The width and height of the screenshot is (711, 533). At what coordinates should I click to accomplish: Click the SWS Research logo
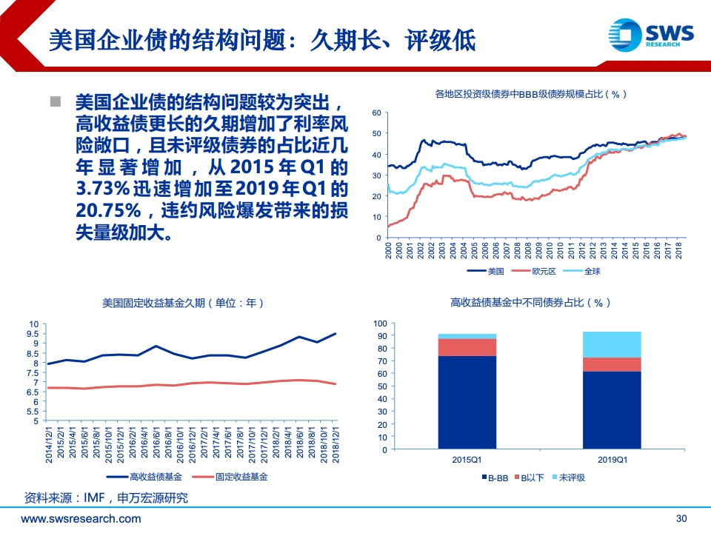[651, 35]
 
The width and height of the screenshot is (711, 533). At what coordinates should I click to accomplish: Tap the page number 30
[681, 518]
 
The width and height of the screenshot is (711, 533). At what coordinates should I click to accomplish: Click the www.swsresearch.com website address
[81, 518]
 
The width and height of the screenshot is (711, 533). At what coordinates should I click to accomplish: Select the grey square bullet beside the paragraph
[56, 101]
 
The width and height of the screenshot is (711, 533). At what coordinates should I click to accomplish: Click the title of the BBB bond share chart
[530, 94]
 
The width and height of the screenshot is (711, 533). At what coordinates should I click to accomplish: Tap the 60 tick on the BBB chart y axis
[376, 113]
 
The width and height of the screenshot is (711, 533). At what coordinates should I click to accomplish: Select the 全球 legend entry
[581, 271]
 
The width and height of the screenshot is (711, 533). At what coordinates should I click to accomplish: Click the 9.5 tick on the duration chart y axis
[33, 334]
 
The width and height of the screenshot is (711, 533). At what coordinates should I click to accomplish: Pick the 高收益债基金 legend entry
[144, 477]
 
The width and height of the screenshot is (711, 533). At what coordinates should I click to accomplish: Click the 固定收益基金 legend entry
[230, 477]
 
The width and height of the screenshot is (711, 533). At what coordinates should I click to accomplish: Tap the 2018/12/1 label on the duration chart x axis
[336, 444]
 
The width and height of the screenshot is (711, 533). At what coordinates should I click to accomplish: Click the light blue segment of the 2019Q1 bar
[612, 344]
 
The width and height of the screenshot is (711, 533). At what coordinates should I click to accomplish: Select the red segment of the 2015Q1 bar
[467, 347]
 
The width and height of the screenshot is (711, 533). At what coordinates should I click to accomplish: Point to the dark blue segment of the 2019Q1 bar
[612, 410]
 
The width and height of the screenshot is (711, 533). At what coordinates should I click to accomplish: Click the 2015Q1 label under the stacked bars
[467, 460]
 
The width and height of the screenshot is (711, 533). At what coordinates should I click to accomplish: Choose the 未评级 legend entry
[569, 477]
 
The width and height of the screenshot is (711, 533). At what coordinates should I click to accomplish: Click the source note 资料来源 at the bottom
[106, 498]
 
